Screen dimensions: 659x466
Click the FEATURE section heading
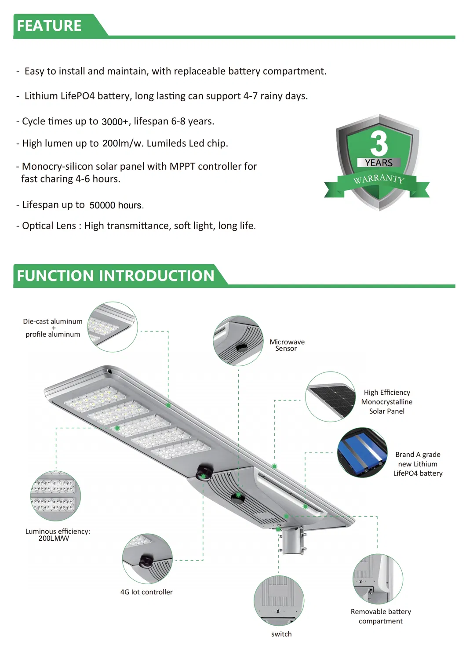pyautogui.click(x=49, y=26)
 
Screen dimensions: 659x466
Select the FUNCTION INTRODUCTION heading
pyautogui.click(x=116, y=276)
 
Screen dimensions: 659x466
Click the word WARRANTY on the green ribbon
pyautogui.click(x=379, y=179)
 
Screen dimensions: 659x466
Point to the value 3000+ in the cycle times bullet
pyautogui.click(x=115, y=122)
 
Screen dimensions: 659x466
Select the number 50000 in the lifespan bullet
pyautogui.click(x=102, y=205)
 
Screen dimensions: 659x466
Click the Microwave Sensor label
pyautogui.click(x=287, y=345)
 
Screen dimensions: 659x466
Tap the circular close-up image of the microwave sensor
pyautogui.click(x=238, y=340)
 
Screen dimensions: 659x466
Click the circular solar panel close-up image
pyautogui.click(x=331, y=397)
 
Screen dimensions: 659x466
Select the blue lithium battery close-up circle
pyautogui.click(x=362, y=452)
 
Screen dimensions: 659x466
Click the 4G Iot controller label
pyautogui.click(x=146, y=592)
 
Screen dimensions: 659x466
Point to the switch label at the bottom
pyautogui.click(x=281, y=634)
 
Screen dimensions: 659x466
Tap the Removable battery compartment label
pyautogui.click(x=381, y=616)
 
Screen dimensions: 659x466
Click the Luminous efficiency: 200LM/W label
pyautogui.click(x=57, y=535)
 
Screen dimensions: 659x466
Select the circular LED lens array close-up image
pyautogui.click(x=55, y=496)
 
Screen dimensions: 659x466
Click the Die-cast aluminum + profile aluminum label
pyautogui.click(x=53, y=328)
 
